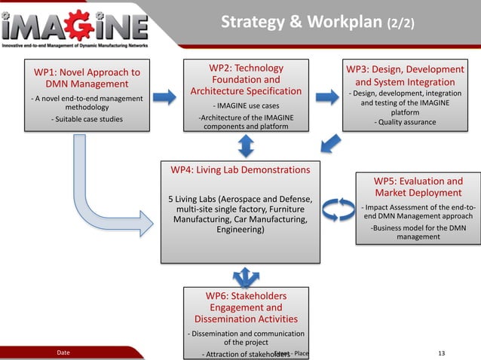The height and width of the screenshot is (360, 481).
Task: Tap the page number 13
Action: [442, 352]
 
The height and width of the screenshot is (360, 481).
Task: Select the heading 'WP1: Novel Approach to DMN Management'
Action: [87, 78]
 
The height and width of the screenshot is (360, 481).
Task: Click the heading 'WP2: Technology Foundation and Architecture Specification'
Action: [247, 80]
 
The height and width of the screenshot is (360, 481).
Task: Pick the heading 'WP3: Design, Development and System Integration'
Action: [405, 75]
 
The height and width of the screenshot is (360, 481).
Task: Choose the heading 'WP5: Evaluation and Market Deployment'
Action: [418, 187]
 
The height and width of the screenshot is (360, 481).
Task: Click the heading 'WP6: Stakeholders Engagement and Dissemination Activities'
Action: [246, 307]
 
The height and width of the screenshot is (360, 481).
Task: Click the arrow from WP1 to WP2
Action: [164, 96]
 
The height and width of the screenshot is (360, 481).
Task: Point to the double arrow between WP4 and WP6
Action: [246, 275]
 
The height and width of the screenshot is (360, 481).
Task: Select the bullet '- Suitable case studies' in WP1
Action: [87, 119]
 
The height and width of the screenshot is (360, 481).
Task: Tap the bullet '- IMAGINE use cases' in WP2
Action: [246, 105]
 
